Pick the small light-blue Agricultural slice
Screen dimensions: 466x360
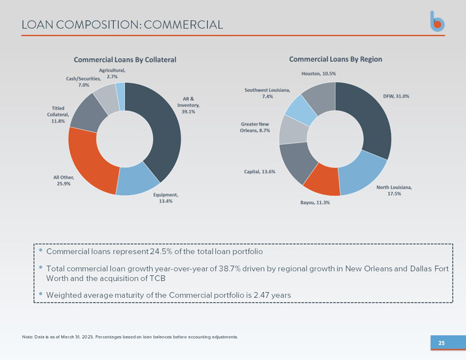coord(120,96)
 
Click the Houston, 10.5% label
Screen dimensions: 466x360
coord(319,74)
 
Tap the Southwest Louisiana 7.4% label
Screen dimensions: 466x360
coord(267,93)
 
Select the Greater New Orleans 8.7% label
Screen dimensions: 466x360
coord(255,127)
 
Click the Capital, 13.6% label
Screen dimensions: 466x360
coord(260,171)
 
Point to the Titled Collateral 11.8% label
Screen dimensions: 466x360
coord(58,114)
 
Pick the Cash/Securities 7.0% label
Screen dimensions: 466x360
coord(83,82)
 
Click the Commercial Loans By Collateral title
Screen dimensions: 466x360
coord(125,60)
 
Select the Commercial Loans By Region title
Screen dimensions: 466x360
coord(335,59)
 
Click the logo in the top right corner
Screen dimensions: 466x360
coord(437,21)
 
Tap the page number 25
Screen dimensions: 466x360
coord(442,343)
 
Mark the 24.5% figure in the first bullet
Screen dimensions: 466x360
coord(161,252)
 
